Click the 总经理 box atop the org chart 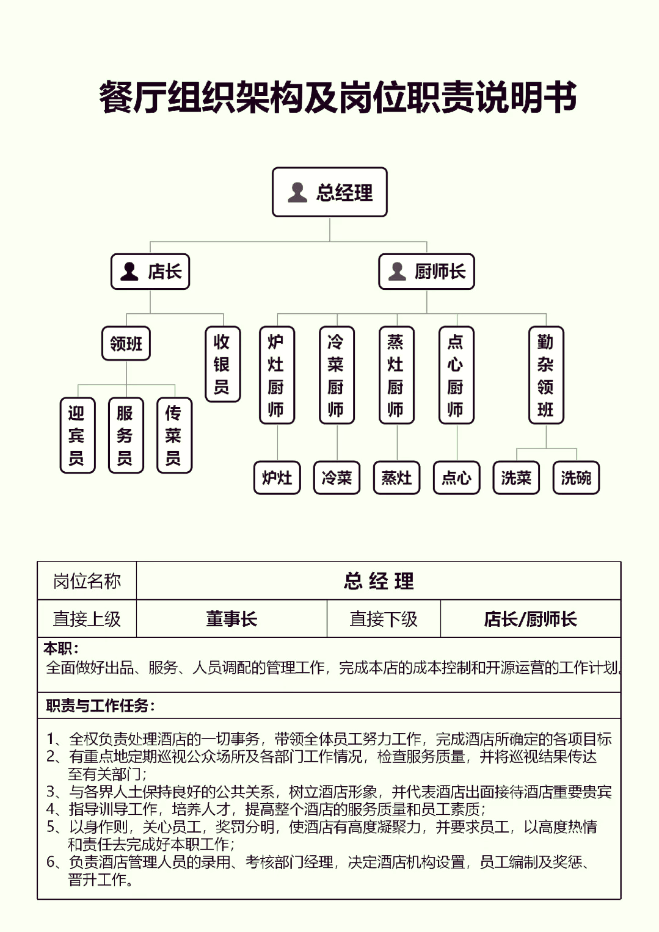(x=330, y=192)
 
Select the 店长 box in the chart (x=150, y=271)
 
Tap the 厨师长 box (x=427, y=271)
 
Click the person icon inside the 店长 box (x=129, y=271)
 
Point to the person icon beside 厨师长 (x=397, y=271)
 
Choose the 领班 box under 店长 (x=126, y=343)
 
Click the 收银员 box (x=223, y=364)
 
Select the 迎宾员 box (x=78, y=435)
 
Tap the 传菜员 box (x=175, y=435)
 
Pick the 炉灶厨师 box (x=277, y=375)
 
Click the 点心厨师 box (x=457, y=375)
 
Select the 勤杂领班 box (x=546, y=375)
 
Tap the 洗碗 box (x=576, y=478)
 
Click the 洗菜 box (x=516, y=478)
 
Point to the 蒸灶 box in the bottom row (x=397, y=478)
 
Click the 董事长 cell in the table (x=232, y=618)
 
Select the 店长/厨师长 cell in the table (x=530, y=618)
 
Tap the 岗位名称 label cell (x=87, y=581)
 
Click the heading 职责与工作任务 (x=100, y=705)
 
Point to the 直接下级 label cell (x=384, y=618)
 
